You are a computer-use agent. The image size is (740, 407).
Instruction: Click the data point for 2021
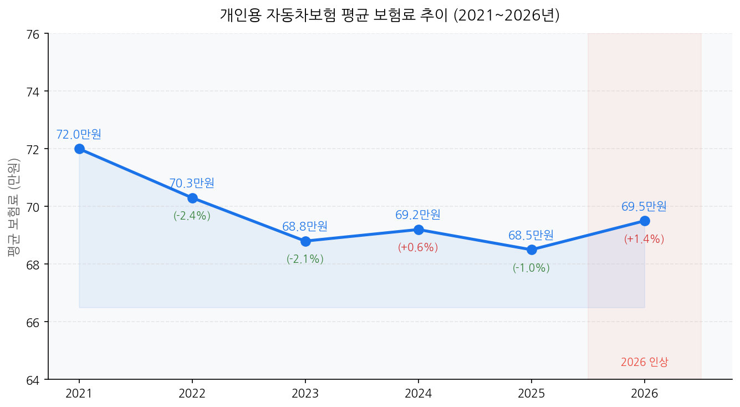point(79,149)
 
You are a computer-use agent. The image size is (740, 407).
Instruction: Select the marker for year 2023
point(305,241)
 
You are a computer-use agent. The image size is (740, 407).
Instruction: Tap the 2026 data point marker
point(645,221)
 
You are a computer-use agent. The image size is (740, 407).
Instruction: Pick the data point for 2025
point(532,250)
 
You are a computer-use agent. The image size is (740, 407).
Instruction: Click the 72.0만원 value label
point(79,134)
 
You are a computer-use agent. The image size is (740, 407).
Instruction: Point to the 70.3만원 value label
point(192,183)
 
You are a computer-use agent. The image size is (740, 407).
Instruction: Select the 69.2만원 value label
point(418,215)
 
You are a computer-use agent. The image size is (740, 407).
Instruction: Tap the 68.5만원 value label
point(531,235)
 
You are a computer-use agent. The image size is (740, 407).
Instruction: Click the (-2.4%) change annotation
point(192,216)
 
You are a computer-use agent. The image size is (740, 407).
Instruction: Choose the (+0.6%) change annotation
point(418,247)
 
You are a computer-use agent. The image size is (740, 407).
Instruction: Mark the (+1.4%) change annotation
point(644,239)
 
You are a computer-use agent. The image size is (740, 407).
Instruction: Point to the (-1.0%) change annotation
point(531,268)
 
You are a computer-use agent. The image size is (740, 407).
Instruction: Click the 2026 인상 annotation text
point(645,362)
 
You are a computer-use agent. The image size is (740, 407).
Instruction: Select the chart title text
point(390,15)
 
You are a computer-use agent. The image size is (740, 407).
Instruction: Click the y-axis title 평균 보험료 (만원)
point(14,206)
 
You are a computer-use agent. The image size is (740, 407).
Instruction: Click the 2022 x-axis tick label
point(192,394)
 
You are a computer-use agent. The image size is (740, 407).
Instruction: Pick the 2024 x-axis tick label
point(419,394)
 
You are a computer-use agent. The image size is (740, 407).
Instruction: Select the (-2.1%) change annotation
point(305,259)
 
